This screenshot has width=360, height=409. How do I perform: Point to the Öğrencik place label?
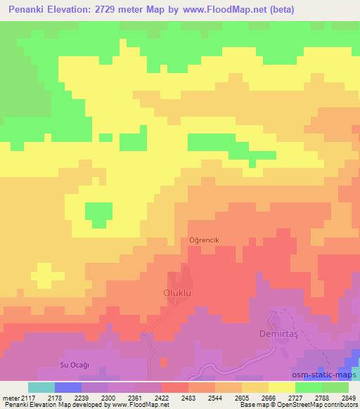point(205,240)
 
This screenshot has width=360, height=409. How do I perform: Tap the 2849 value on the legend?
point(349,398)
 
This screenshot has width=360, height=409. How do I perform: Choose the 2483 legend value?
point(188,398)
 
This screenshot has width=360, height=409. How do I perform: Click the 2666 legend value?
point(269,398)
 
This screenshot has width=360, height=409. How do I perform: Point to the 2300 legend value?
point(108,398)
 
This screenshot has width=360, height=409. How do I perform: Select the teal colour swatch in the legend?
point(41,387)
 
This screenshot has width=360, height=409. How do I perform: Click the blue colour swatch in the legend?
point(68,387)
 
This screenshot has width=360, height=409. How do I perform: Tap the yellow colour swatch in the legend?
point(282,387)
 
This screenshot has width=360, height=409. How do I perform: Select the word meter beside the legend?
point(10,398)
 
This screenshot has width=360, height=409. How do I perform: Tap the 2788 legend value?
point(322,398)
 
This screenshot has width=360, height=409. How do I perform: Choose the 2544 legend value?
point(215,398)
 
